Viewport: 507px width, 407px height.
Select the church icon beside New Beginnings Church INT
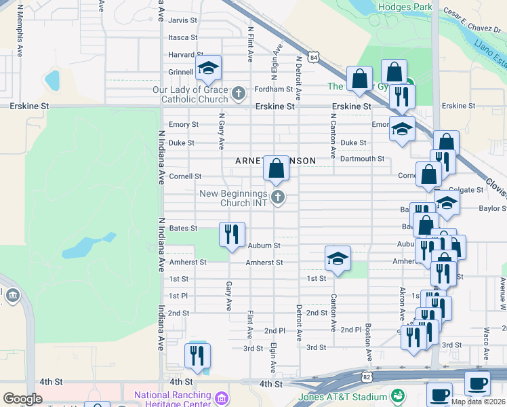pyautogui.click(x=277, y=197)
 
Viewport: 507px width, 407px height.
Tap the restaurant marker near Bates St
pyautogui.click(x=232, y=234)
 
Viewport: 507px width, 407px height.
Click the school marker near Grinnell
pyautogui.click(x=209, y=67)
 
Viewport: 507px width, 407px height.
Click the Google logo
pyautogui.click(x=22, y=399)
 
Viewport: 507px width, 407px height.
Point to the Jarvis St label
pyautogui.click(x=183, y=21)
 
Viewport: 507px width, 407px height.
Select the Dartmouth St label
pyautogui.click(x=362, y=159)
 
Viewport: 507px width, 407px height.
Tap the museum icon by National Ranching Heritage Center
pyautogui.click(x=222, y=396)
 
